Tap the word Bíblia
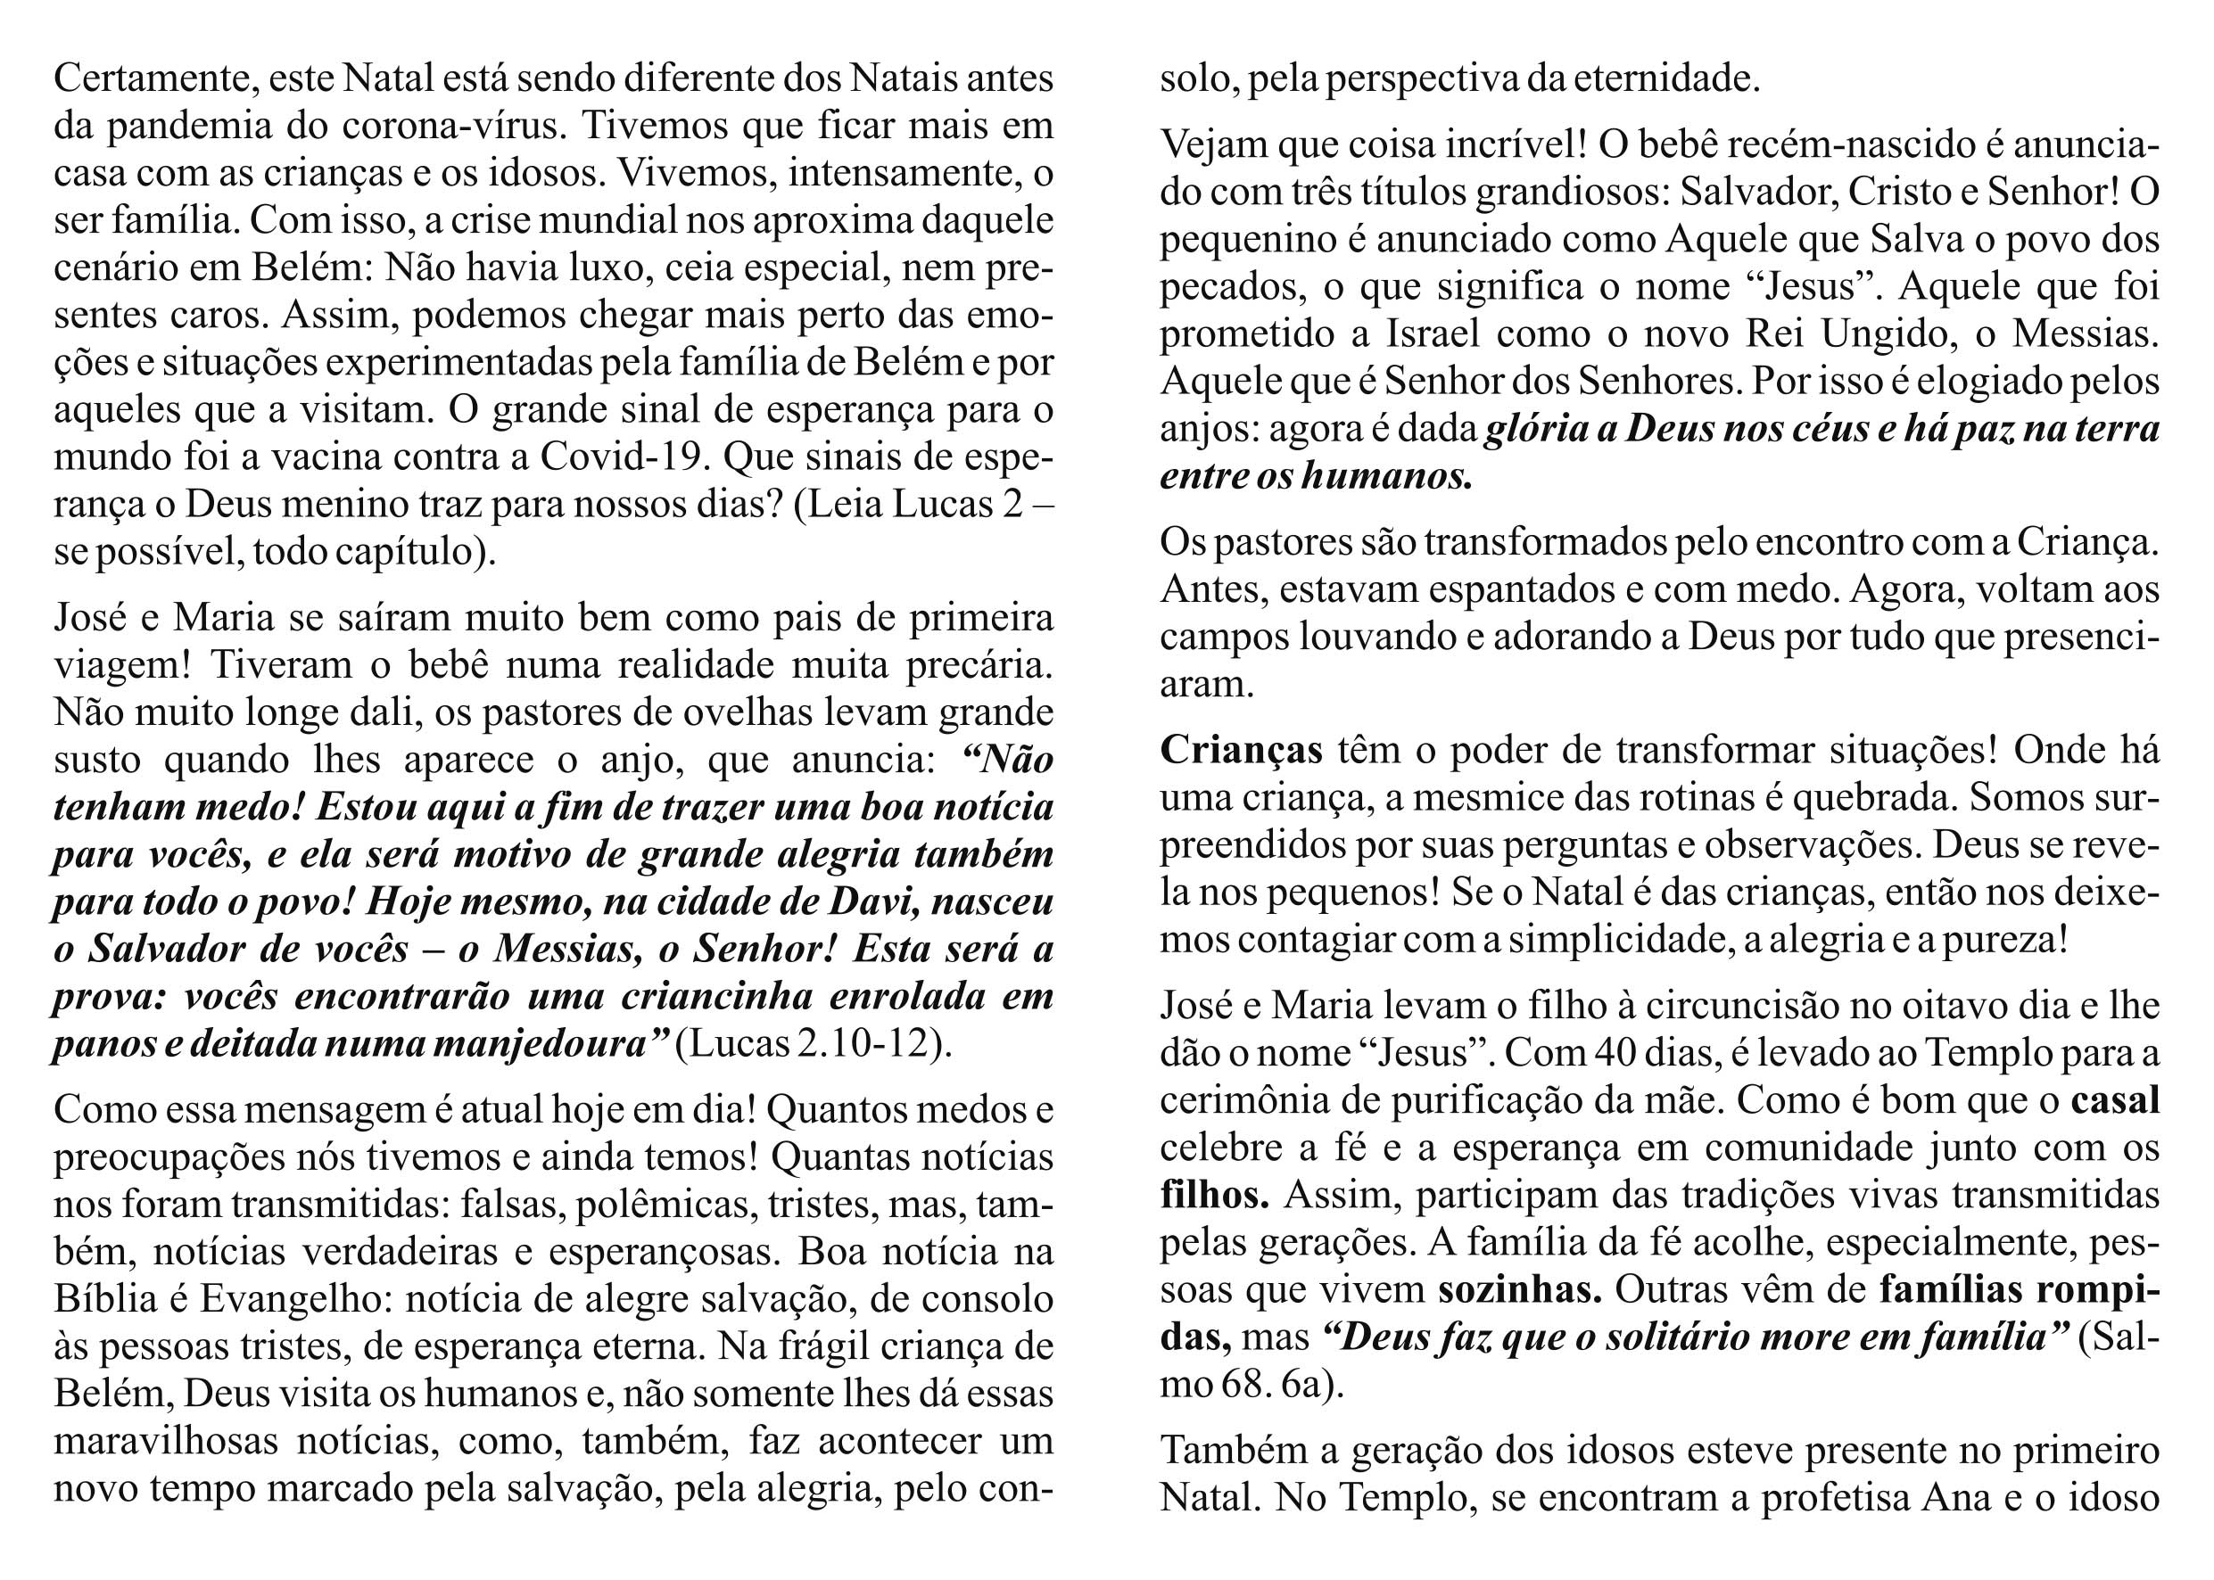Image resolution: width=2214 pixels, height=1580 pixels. tap(116, 1299)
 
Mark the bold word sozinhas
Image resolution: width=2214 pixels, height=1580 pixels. tap(1520, 1290)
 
